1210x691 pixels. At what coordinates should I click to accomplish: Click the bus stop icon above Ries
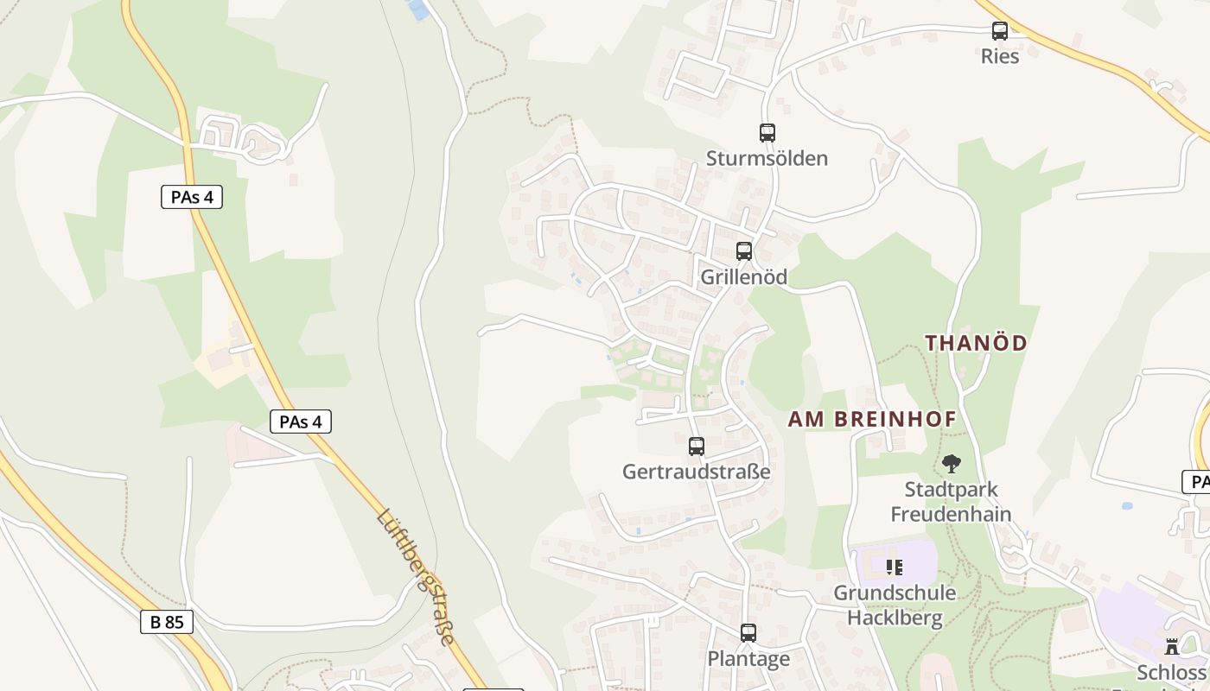coord(1000,31)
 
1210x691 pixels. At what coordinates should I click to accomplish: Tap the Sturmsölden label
coord(767,158)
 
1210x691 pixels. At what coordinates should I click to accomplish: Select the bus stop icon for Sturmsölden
coord(767,133)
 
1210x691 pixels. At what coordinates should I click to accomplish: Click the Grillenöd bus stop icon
coord(743,251)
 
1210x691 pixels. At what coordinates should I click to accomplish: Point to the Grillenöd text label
coord(743,276)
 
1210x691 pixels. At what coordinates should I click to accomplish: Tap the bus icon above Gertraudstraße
coord(696,447)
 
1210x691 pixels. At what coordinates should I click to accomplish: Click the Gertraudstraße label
coord(696,472)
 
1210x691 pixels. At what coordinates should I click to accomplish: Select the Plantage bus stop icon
coord(748,633)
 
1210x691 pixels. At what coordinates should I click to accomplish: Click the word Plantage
coord(748,659)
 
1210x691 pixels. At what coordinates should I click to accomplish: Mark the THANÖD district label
coord(977,343)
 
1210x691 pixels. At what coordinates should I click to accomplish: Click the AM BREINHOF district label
coord(872,420)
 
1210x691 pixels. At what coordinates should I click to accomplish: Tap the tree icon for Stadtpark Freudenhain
coord(952,464)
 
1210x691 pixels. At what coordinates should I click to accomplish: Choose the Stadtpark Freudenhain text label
coord(951,502)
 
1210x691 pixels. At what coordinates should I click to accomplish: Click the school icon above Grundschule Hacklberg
coord(895,567)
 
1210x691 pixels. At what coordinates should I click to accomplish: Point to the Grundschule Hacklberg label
coord(895,605)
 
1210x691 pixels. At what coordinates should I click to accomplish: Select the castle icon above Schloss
coord(1172,647)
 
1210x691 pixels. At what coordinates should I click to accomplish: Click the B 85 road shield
coord(167,622)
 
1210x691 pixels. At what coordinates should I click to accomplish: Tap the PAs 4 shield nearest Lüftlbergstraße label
coord(301,422)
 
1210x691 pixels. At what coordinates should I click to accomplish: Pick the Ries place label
coord(1000,56)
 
